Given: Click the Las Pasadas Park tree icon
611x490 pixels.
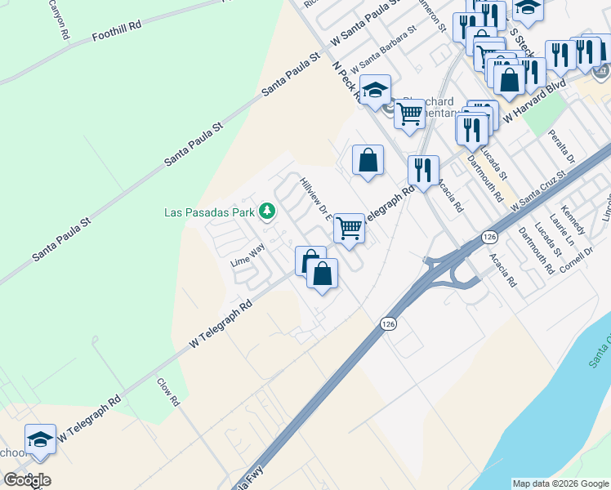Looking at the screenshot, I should pyautogui.click(x=266, y=212).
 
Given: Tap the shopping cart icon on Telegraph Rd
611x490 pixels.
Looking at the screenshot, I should pyautogui.click(x=349, y=228).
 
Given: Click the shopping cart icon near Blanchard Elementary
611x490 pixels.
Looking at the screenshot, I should pyautogui.click(x=410, y=114).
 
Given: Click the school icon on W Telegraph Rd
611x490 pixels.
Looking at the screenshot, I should pyautogui.click(x=40, y=439).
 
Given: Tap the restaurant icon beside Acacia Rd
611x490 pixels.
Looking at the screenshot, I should pyautogui.click(x=423, y=170).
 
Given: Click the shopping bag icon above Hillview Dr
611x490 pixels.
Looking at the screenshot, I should pyautogui.click(x=368, y=159).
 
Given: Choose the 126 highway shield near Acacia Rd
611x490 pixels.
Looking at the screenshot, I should pyautogui.click(x=488, y=237).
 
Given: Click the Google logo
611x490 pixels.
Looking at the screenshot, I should pyautogui.click(x=27, y=480).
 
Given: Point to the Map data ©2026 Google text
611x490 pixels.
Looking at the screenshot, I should pyautogui.click(x=560, y=483).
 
